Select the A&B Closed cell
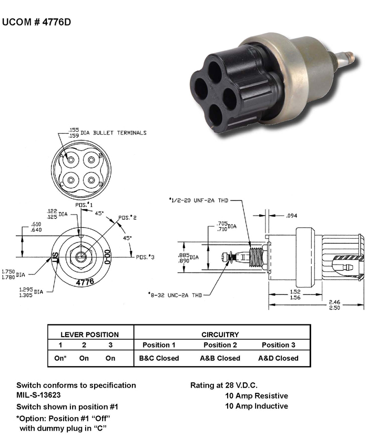point(220,358)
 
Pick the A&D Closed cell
point(278,358)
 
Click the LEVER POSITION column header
point(90,334)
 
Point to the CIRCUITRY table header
point(220,334)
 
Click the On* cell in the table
point(60,358)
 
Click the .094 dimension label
point(292,216)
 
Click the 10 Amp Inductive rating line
point(256,406)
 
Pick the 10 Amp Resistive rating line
point(256,396)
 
